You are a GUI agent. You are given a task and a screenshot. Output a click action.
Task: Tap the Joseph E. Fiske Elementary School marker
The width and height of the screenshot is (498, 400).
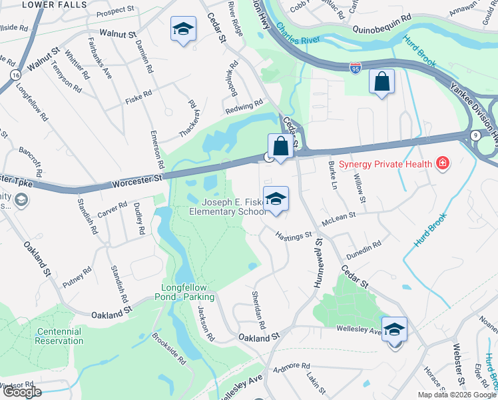(276, 199)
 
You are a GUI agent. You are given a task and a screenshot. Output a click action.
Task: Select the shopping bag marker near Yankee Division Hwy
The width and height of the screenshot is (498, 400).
(381, 82)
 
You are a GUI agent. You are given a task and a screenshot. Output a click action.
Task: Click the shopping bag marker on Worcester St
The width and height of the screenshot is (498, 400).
(281, 146)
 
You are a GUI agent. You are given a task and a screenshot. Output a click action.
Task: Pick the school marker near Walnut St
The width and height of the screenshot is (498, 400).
(183, 29)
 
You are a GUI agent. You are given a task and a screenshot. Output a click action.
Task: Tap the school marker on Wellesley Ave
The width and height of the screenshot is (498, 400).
(395, 329)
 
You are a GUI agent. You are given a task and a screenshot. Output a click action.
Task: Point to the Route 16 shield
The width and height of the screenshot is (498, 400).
(15, 77)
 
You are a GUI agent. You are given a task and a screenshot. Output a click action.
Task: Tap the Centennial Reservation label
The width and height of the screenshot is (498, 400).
(59, 336)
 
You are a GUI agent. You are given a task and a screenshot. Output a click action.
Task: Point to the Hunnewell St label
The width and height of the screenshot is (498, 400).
(318, 261)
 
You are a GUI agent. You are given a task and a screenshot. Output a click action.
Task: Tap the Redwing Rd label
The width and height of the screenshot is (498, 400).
(244, 105)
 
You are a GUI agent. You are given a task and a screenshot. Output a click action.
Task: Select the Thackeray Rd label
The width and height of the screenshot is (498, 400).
(190, 119)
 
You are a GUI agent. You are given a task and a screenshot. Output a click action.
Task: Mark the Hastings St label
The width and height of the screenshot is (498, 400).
(294, 235)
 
